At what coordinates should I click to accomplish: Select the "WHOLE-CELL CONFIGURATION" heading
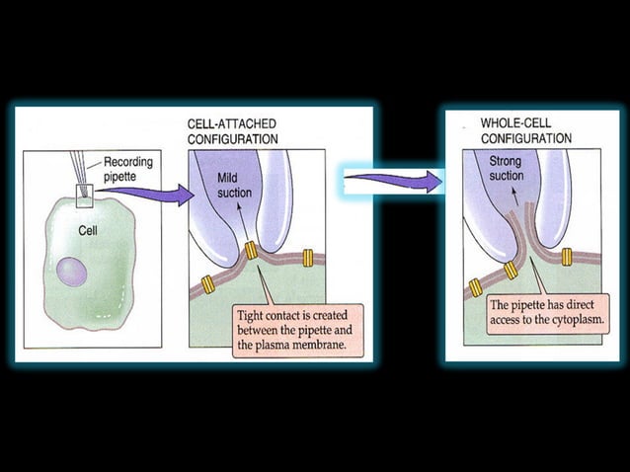tap(526, 130)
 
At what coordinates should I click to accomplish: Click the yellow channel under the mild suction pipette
tap(251, 251)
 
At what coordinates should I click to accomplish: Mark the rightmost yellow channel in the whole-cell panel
tap(568, 256)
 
